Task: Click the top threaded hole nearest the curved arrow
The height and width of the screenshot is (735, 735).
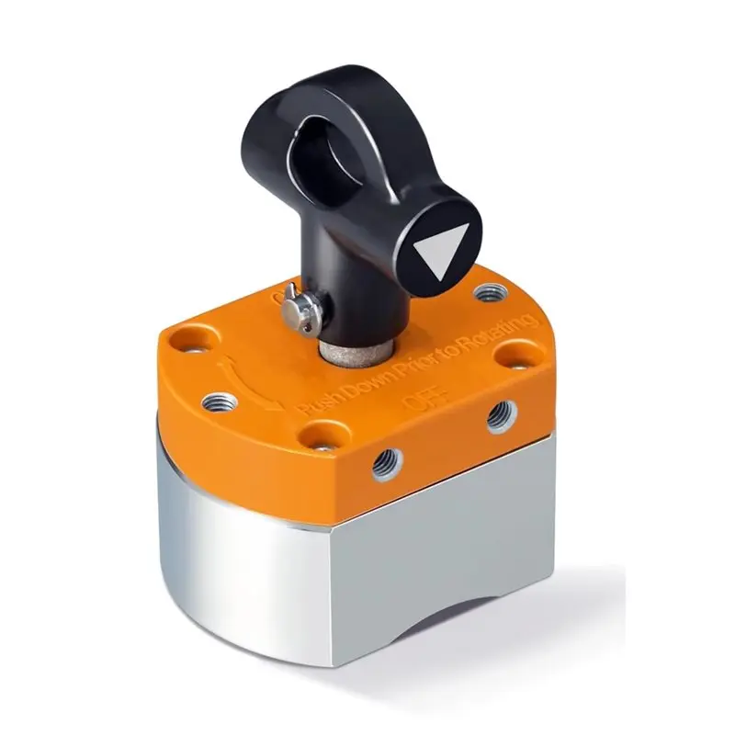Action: pyautogui.click(x=219, y=401)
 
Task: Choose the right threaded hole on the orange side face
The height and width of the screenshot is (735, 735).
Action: pyautogui.click(x=500, y=416)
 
